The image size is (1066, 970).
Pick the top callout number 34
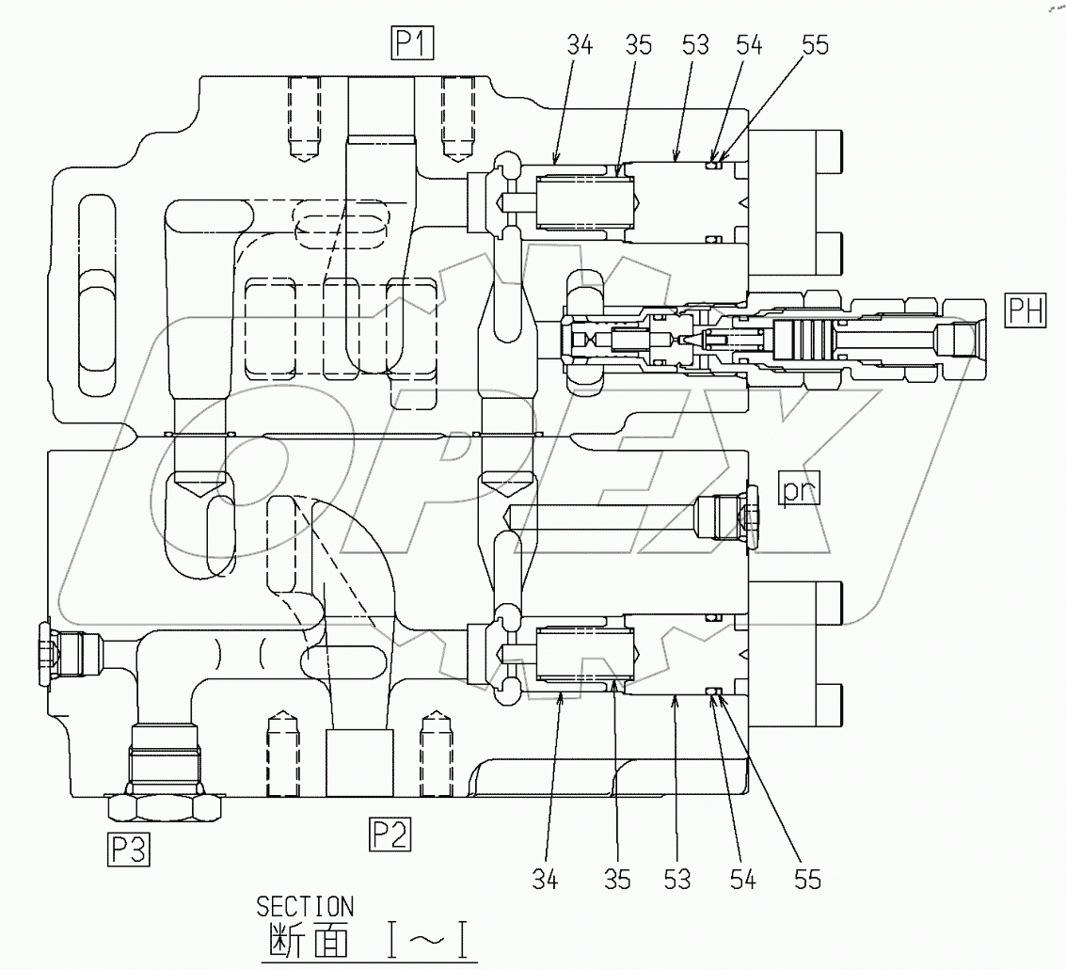(x=580, y=45)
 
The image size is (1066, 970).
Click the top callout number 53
(x=696, y=45)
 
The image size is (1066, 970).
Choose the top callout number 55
(x=815, y=45)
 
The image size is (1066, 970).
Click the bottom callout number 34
(x=546, y=880)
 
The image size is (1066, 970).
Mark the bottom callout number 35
(x=617, y=880)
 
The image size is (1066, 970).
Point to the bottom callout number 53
(x=676, y=880)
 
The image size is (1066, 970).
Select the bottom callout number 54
(x=742, y=880)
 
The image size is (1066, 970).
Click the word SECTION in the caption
(x=305, y=907)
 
